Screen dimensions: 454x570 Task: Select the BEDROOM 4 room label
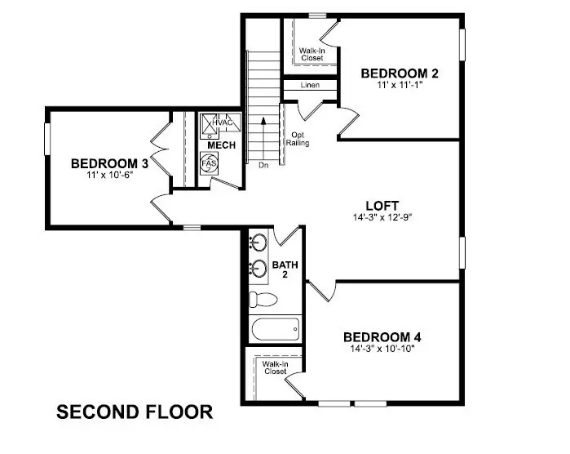pyautogui.click(x=382, y=336)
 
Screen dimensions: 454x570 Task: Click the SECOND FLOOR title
pyautogui.click(x=135, y=412)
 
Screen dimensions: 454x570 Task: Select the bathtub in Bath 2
pyautogui.click(x=275, y=331)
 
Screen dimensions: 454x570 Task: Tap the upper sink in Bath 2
pyautogui.click(x=259, y=243)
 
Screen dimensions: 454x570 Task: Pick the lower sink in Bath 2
pyautogui.click(x=259, y=267)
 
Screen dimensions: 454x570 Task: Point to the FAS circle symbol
pyautogui.click(x=208, y=162)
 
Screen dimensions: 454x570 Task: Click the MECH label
pyautogui.click(x=221, y=145)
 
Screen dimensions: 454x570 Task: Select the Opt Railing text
pyautogui.click(x=296, y=138)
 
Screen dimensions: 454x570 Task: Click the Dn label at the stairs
pyautogui.click(x=263, y=166)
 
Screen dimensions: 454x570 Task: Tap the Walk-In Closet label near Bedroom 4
pyautogui.click(x=275, y=367)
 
